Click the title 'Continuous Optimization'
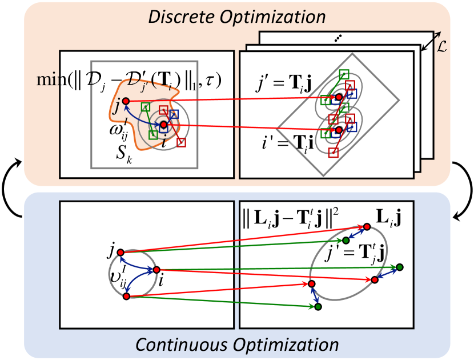236,345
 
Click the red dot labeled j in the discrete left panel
126,101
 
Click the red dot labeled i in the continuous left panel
156,270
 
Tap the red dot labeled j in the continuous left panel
120,253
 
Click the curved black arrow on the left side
11,181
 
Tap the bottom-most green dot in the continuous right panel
318,307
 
